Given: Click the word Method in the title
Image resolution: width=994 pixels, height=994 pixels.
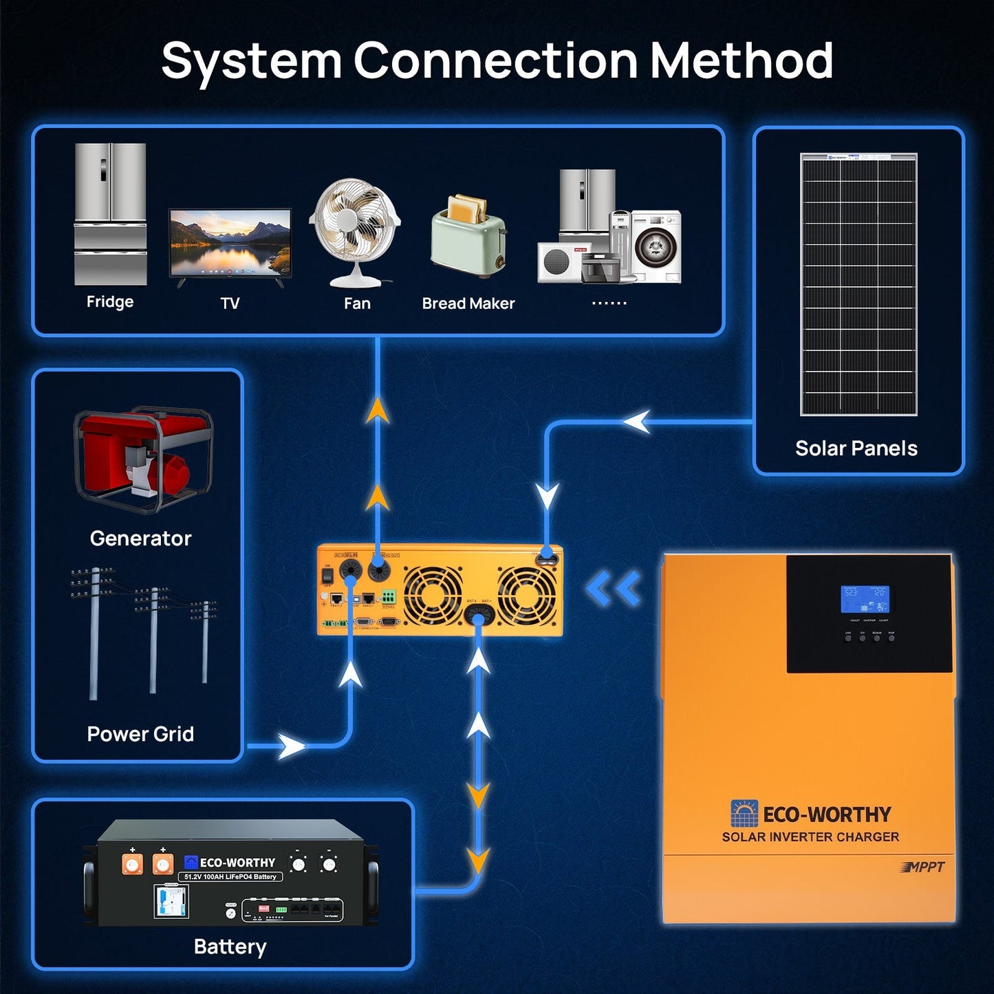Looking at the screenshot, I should [742, 61].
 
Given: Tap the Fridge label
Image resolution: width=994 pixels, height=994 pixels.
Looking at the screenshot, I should [110, 302].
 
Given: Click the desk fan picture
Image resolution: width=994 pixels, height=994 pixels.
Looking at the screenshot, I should [355, 230].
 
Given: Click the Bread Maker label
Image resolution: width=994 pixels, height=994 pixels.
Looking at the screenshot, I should [468, 303].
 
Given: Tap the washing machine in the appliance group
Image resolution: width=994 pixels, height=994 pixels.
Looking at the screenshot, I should [656, 246].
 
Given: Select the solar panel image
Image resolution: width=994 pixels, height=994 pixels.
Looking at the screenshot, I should [858, 284].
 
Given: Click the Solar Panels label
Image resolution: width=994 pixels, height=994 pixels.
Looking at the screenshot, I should [856, 449].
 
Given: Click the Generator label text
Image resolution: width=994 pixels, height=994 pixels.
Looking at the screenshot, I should [140, 538].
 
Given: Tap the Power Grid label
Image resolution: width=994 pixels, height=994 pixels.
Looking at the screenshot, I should [140, 734].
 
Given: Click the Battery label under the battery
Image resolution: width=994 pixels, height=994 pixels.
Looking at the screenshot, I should [230, 947].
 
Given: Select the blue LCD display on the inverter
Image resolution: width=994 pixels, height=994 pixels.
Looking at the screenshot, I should [865, 599].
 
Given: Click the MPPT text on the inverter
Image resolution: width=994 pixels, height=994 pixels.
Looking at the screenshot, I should [923, 867].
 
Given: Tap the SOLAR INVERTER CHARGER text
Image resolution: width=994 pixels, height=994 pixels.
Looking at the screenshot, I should [810, 837].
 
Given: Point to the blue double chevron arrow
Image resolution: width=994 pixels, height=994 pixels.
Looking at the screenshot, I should [614, 590].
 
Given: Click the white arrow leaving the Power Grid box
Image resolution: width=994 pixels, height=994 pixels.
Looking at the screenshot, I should [292, 746].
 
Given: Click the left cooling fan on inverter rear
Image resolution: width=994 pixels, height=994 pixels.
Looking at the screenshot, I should [433, 595].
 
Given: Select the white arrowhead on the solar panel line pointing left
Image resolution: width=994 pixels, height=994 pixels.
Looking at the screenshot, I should [638, 422].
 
